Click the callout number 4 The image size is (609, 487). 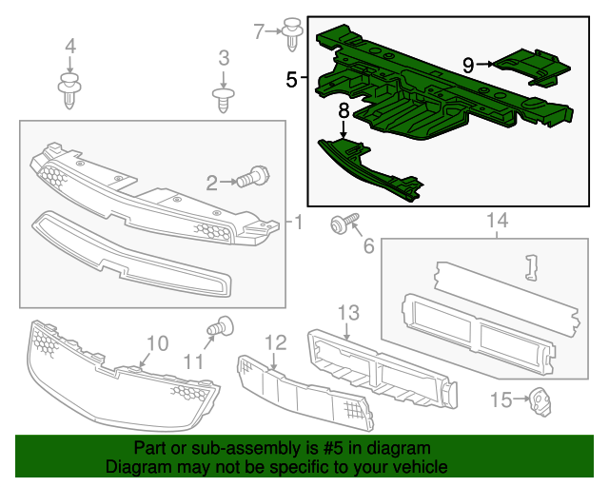(x=69, y=46)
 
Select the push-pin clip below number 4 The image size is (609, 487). (x=69, y=89)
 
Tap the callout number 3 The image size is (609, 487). (x=223, y=59)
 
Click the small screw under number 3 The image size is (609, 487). (x=223, y=98)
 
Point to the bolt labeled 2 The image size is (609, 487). (x=254, y=177)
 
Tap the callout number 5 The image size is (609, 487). (x=291, y=80)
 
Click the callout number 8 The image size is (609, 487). (x=344, y=111)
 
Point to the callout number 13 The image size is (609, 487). (x=347, y=312)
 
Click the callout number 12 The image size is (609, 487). (x=275, y=341)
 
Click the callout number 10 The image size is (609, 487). (x=157, y=342)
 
